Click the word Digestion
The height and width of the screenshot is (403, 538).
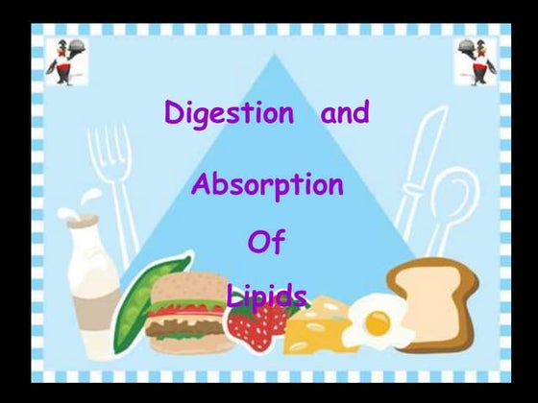click(x=229, y=113)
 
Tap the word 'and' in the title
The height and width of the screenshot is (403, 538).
click(x=344, y=113)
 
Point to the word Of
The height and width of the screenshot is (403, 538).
click(x=266, y=242)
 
